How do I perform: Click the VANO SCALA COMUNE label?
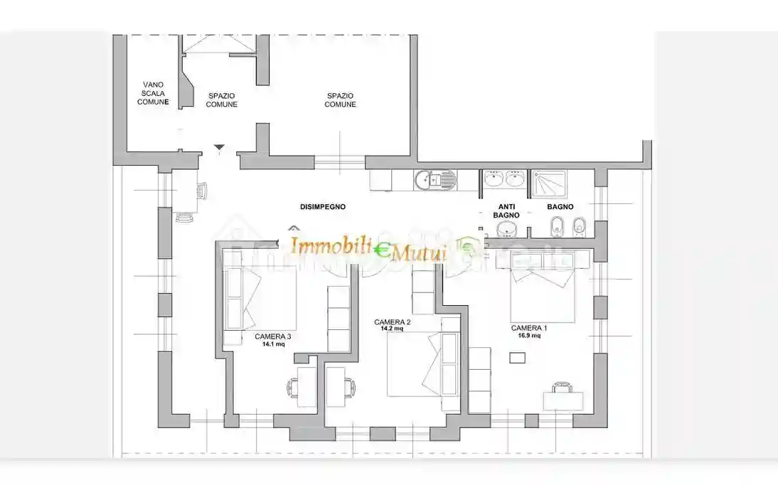[153, 93]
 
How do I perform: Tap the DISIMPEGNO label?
[323, 206]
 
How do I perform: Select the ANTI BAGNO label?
[506, 211]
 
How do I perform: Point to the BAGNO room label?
[560, 206]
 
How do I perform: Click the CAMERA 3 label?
[273, 336]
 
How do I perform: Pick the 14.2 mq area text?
[392, 329]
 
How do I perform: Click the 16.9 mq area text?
[529, 335]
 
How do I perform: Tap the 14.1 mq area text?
[273, 343]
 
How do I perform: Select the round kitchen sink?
[424, 180]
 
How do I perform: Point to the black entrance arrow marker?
[219, 147]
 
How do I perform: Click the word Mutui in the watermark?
[420, 254]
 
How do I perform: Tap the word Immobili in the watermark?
[331, 246]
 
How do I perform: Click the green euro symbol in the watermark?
[381, 250]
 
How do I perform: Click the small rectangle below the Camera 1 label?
[518, 358]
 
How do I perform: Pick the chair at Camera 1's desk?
[562, 387]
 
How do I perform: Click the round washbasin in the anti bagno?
[506, 229]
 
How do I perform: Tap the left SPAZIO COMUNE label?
[221, 100]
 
